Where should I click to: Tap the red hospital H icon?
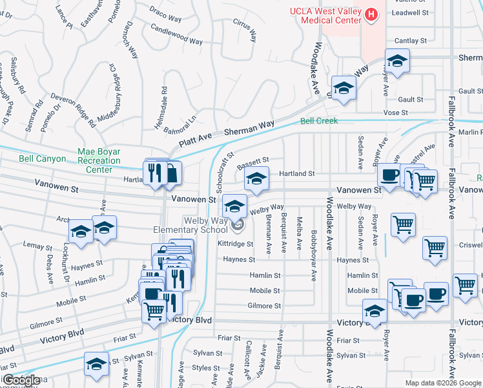click(371, 14)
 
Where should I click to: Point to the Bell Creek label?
click(319, 121)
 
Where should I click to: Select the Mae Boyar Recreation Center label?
click(99, 160)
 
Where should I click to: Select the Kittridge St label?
click(236, 244)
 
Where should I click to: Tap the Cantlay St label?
click(411, 41)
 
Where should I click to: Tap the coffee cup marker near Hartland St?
click(389, 175)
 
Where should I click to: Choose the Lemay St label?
click(37, 246)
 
